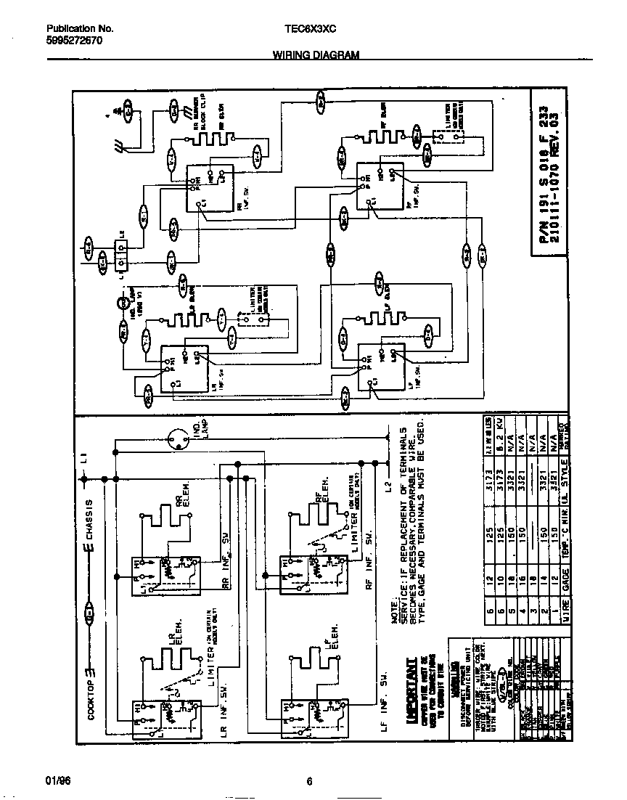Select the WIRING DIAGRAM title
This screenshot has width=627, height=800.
click(x=316, y=55)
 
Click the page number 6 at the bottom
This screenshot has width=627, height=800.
click(x=309, y=781)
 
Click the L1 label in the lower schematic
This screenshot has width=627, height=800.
click(x=84, y=457)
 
